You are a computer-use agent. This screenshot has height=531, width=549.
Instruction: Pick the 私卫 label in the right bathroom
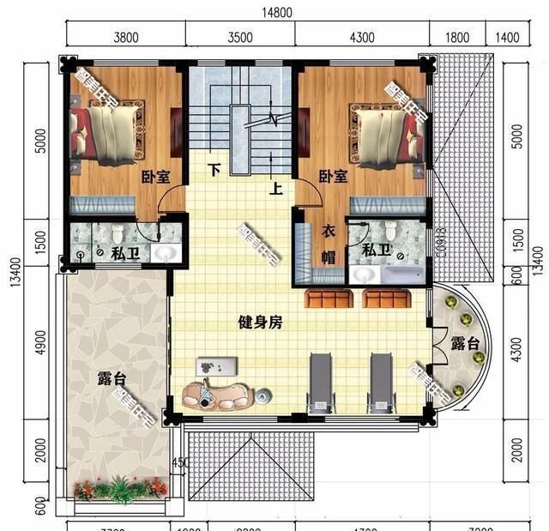click(x=375, y=250)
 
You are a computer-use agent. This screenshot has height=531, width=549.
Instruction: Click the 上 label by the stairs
click(x=276, y=190)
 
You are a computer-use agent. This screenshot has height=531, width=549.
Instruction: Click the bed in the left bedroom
click(x=106, y=136)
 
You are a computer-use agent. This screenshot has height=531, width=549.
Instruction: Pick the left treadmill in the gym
click(x=320, y=379)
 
